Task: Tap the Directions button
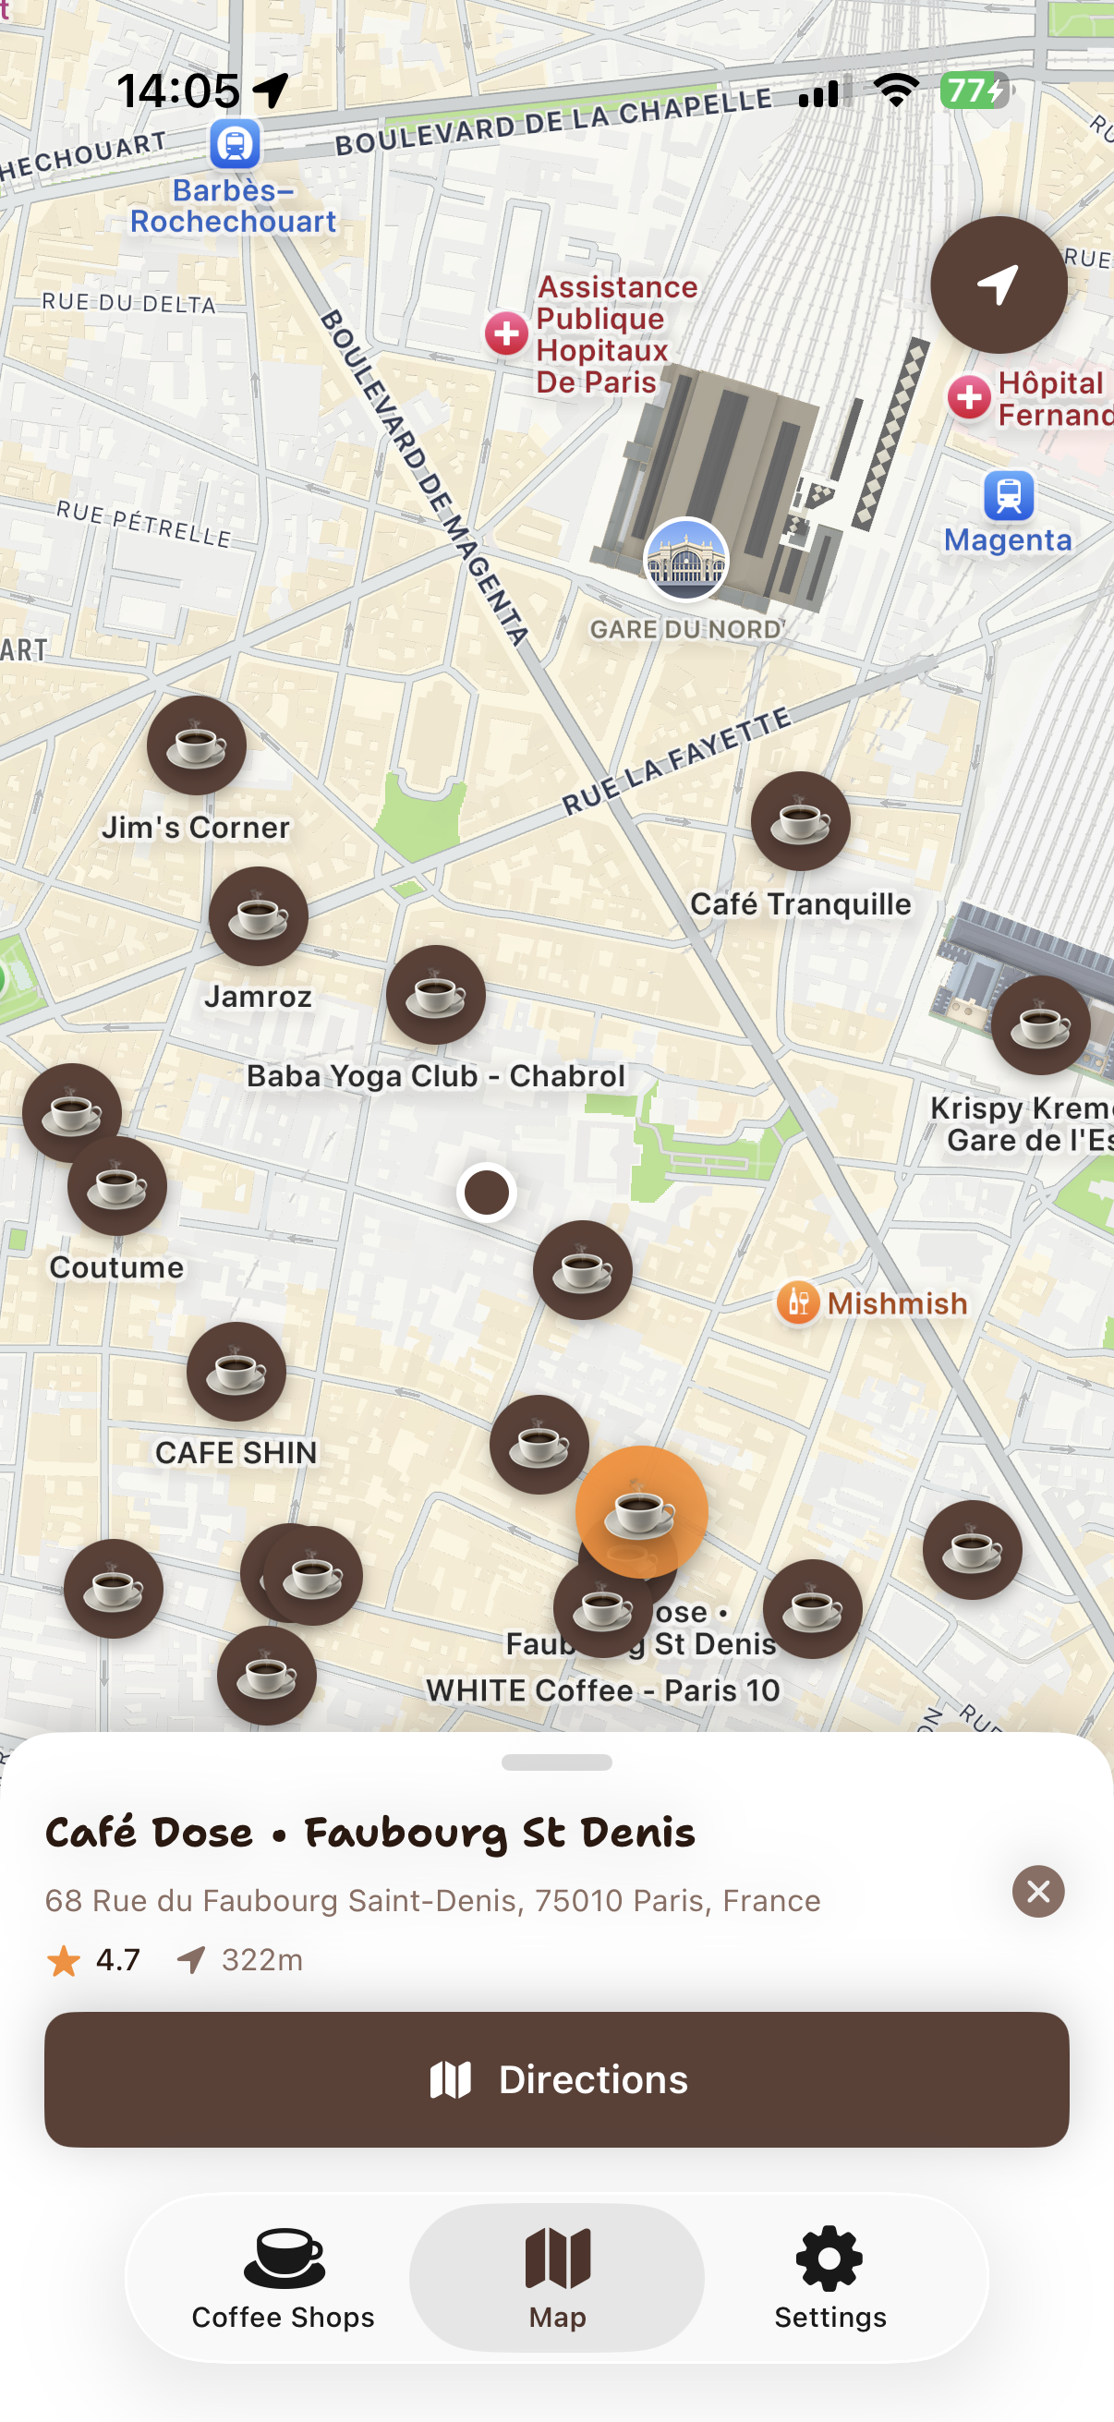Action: coord(556,2080)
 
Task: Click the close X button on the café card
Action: coord(1038,1891)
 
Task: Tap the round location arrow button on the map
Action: coord(999,285)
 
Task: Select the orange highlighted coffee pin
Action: coord(641,1512)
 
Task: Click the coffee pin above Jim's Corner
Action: coord(197,745)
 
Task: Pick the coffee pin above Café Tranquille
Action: coord(800,822)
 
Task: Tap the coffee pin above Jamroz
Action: coord(259,915)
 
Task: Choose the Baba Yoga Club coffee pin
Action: coord(435,995)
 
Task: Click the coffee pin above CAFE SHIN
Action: coord(236,1372)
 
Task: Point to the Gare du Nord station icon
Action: coord(685,560)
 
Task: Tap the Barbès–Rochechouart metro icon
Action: coord(234,145)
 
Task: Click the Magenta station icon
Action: coord(1009,495)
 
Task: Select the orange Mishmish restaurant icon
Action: coord(798,1303)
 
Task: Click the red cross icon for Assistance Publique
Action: coord(507,333)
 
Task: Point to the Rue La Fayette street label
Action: coord(677,761)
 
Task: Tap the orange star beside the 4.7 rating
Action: coord(64,1961)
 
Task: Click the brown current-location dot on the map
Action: coord(487,1193)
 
